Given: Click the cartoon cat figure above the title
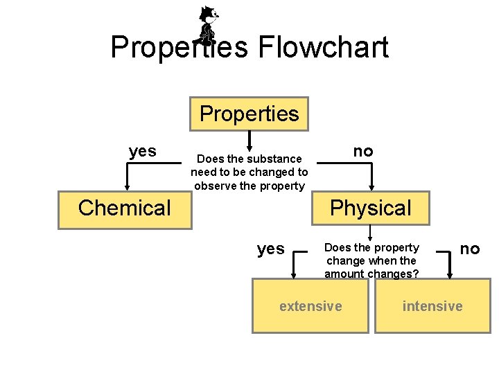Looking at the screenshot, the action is click(x=207, y=24).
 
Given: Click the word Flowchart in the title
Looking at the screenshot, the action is click(x=323, y=48).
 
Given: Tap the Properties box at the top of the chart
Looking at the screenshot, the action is click(x=249, y=114).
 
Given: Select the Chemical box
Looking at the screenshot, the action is click(x=125, y=208).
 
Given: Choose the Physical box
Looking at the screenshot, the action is click(x=371, y=208).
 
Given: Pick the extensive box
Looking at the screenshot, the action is click(x=310, y=305).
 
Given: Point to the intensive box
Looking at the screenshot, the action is click(x=432, y=305).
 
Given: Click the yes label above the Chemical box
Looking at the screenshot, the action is click(x=143, y=151).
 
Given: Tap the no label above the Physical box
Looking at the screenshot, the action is click(x=362, y=151).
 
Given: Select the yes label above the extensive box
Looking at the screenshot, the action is click(x=270, y=249).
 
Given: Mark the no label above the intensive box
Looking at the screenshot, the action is click(x=470, y=248).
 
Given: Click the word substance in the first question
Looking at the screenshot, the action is click(x=272, y=159).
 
